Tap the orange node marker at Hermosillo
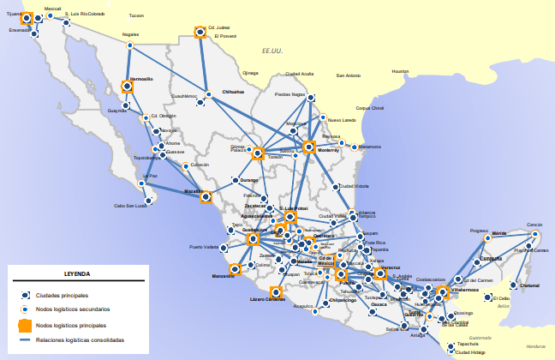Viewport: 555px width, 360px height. click(x=128, y=86)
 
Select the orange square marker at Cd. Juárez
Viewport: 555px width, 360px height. click(x=200, y=32)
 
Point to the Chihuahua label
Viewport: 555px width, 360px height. click(x=233, y=91)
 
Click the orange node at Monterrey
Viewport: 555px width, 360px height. click(x=308, y=147)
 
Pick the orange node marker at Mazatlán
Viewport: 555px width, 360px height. click(x=206, y=196)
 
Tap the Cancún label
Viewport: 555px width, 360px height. click(x=534, y=225)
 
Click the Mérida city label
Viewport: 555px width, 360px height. click(x=499, y=233)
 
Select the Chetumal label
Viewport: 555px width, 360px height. click(x=530, y=285)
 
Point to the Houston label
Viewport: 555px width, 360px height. click(x=400, y=70)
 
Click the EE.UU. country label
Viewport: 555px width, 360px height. click(x=272, y=51)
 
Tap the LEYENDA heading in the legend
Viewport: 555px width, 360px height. click(x=77, y=274)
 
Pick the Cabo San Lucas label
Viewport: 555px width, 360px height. click(x=131, y=206)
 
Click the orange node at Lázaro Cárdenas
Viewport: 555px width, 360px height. click(x=276, y=291)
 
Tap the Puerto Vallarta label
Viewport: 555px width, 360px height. click(x=204, y=247)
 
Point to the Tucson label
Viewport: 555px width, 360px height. click(x=136, y=15)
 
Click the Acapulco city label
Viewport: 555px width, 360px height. click(x=303, y=305)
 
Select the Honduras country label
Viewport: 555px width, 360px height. click(x=535, y=345)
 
